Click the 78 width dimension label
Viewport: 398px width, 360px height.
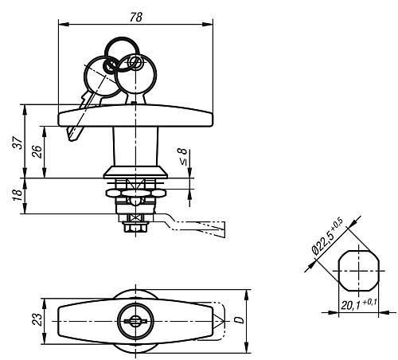point(136,18)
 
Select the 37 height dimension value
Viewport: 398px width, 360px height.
point(18,143)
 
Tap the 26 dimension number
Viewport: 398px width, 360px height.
point(37,152)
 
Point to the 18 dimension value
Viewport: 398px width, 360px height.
point(18,196)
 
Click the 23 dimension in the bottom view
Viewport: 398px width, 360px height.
point(37,319)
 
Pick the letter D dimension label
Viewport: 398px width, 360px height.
point(240,320)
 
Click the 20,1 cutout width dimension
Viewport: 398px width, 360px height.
point(359,304)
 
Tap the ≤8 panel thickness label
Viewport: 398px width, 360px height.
point(183,157)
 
